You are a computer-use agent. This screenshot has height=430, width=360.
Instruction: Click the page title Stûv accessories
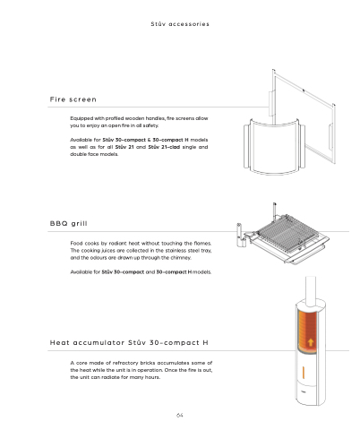coord(180,24)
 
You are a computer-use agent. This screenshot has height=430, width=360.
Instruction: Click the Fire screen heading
coord(73,99)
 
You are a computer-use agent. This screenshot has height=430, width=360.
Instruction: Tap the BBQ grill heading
coord(68,223)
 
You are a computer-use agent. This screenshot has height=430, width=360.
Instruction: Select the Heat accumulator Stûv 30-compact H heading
coord(129,342)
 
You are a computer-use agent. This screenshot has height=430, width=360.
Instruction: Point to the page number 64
coord(179,415)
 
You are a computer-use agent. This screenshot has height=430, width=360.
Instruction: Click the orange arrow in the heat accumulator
coord(311,342)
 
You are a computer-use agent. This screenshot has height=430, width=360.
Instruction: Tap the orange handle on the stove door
coord(304,372)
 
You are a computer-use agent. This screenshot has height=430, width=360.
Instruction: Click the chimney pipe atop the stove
coord(311,291)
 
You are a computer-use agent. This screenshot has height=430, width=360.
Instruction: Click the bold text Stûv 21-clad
coord(164,147)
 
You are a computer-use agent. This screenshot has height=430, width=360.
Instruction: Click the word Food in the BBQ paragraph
coord(76,243)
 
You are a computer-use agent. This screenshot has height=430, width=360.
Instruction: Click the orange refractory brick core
coord(306,330)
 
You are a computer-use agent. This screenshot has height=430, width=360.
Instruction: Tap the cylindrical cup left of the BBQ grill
coord(240,235)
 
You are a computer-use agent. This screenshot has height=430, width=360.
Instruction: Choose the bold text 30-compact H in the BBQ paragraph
coord(174,272)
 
